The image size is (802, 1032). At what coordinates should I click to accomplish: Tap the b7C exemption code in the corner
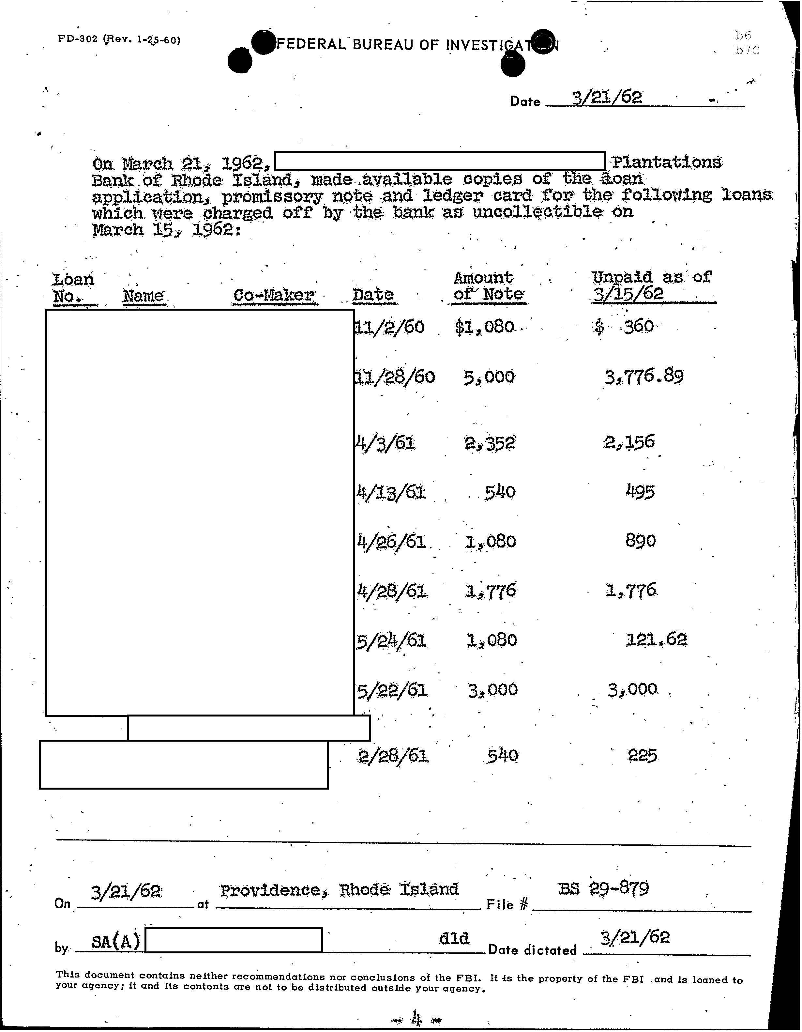coord(747,50)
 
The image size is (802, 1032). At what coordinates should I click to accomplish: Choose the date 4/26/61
coord(392,541)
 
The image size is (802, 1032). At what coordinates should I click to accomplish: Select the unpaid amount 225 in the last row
coord(643,756)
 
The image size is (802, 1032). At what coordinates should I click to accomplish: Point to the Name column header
coord(143,296)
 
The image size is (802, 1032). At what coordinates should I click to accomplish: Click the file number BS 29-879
coord(603,889)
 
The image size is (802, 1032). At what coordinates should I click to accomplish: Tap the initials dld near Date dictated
coord(454,938)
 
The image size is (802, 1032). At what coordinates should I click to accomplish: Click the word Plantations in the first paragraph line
coord(666,162)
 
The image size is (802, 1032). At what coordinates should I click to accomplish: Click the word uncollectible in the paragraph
coord(537,212)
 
